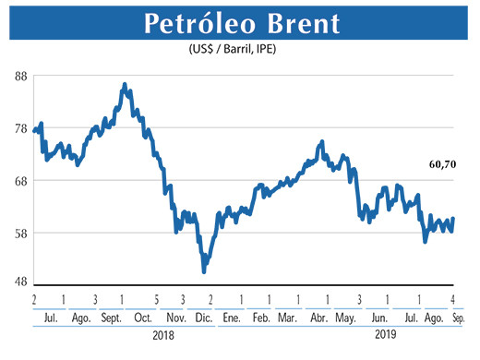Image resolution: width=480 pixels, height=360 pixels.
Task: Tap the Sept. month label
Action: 110,318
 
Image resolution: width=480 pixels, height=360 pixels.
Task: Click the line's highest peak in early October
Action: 125,84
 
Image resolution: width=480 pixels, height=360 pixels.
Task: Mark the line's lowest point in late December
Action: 204,271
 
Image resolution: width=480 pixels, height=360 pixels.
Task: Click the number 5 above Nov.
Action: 157,300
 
